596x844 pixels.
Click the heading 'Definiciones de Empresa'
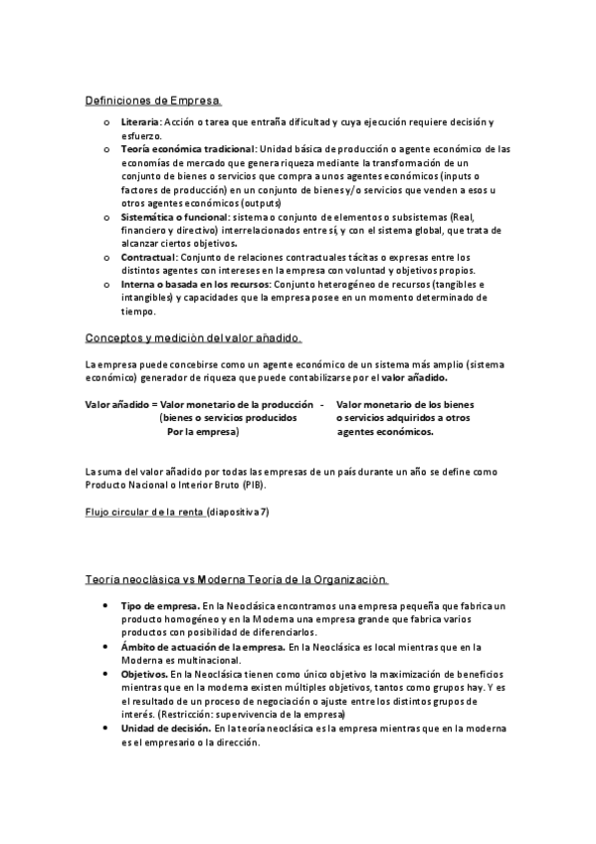tap(153, 101)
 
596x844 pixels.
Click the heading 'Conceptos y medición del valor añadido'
tap(193, 339)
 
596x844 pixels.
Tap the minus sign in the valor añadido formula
tap(321, 404)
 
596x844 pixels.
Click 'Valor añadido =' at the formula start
tap(121, 404)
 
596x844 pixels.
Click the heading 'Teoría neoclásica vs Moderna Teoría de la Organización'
tap(235, 579)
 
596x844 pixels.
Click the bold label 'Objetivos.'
tap(144, 674)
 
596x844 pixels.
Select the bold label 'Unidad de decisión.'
tap(165, 728)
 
